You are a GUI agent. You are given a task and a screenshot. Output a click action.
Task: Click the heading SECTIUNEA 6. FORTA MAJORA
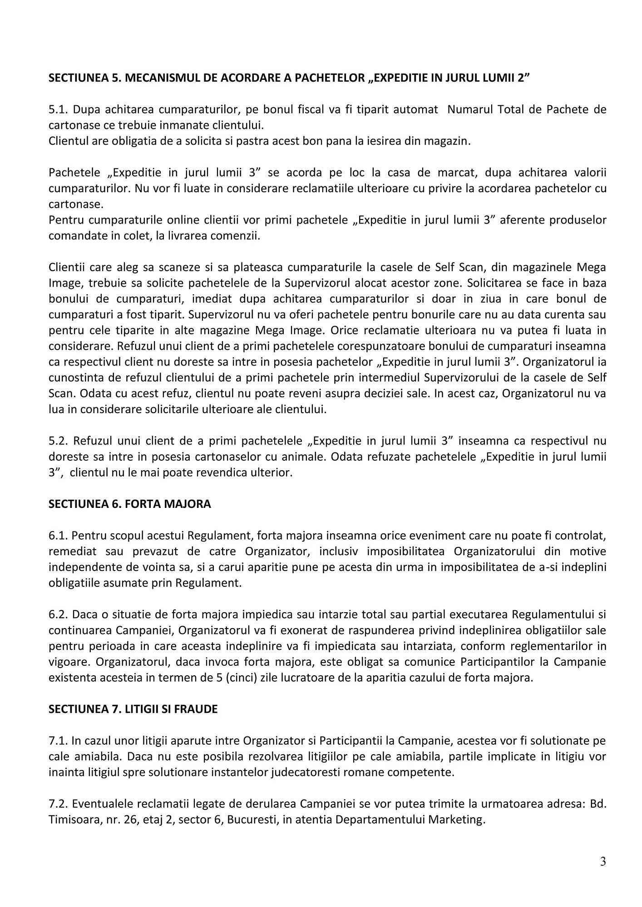point(130,504)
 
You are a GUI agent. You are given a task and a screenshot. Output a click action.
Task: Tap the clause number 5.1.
point(58,109)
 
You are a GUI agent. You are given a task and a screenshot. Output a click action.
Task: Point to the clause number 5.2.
point(58,441)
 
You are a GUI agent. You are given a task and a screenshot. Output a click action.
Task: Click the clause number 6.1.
point(58,536)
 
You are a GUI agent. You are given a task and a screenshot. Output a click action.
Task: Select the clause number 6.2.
point(58,614)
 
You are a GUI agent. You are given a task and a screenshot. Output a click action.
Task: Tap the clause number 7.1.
point(58,741)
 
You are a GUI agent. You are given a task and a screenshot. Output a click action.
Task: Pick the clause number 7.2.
point(58,804)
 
